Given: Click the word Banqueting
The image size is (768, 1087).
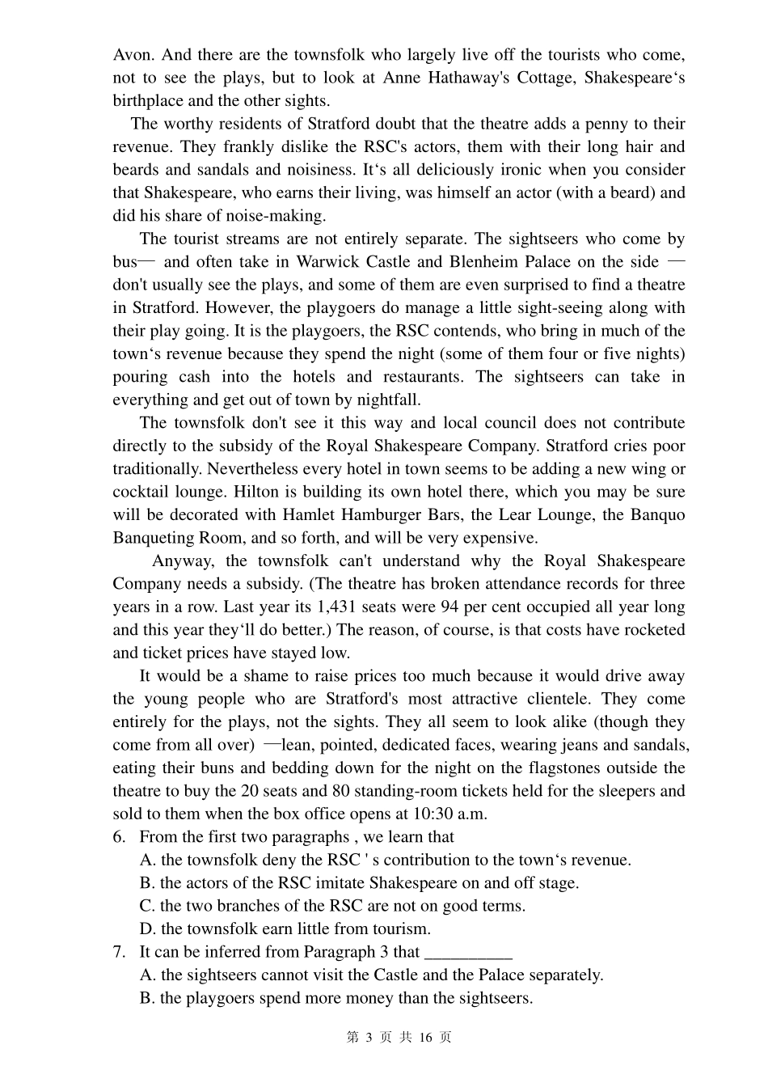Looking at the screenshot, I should (156, 538).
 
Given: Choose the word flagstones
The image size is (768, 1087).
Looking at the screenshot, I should (563, 768).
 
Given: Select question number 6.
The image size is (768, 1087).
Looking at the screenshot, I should (119, 837).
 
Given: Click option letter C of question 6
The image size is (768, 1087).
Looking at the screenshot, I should (147, 906).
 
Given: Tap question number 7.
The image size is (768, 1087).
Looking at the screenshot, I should (119, 952).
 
